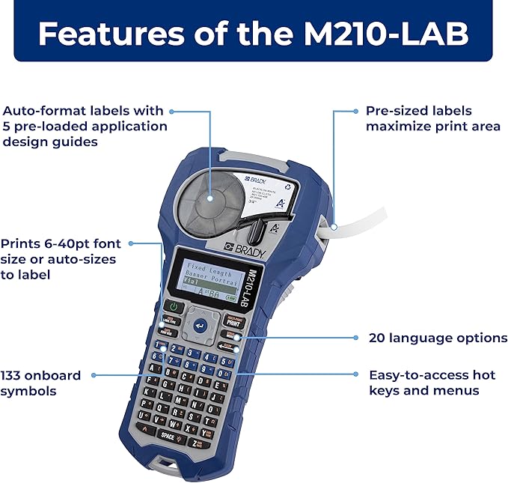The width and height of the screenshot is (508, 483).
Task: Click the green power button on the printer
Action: click(x=174, y=307)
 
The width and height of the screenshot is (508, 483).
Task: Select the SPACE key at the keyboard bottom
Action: click(x=168, y=436)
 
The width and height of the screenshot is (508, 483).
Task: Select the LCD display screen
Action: click(x=206, y=281)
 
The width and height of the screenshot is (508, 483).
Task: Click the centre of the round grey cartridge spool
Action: click(x=209, y=199)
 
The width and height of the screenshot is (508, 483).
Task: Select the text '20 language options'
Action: click(x=438, y=338)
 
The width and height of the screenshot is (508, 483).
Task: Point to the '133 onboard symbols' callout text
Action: click(x=39, y=383)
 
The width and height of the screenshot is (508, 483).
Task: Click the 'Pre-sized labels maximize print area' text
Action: click(x=432, y=118)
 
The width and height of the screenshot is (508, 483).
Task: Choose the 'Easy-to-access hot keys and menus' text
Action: click(x=432, y=382)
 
